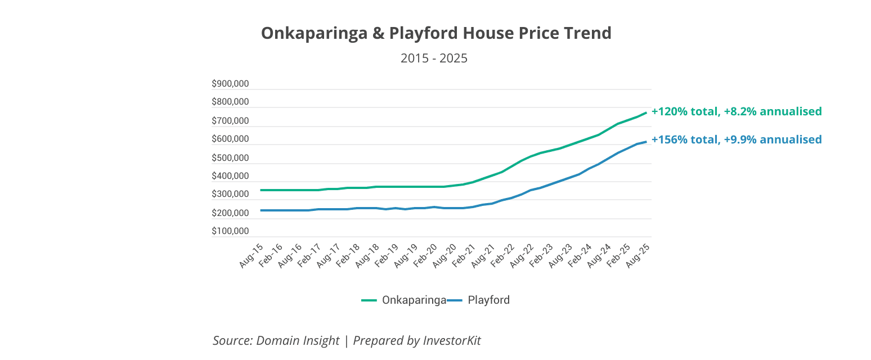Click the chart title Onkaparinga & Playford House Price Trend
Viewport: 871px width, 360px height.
pyautogui.click(x=435, y=34)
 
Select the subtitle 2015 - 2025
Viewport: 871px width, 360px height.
pyautogui.click(x=434, y=58)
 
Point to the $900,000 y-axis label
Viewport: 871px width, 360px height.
pyautogui.click(x=230, y=84)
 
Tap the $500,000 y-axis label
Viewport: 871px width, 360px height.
pyautogui.click(x=230, y=158)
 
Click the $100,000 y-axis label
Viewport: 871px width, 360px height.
pyautogui.click(x=230, y=231)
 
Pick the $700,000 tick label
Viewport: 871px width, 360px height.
pyautogui.click(x=230, y=121)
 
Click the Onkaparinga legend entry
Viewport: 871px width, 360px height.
pyautogui.click(x=414, y=300)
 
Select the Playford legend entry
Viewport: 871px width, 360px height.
pyautogui.click(x=488, y=300)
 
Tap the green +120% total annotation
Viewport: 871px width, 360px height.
pyautogui.click(x=737, y=111)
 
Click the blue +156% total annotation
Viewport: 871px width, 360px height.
pyautogui.click(x=737, y=139)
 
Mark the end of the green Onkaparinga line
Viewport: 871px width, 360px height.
pyautogui.click(x=646, y=112)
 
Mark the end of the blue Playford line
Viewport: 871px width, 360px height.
pyautogui.click(x=646, y=142)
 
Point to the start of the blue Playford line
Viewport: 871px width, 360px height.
pyautogui.click(x=261, y=210)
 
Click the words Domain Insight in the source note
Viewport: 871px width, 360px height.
pyautogui.click(x=298, y=340)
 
